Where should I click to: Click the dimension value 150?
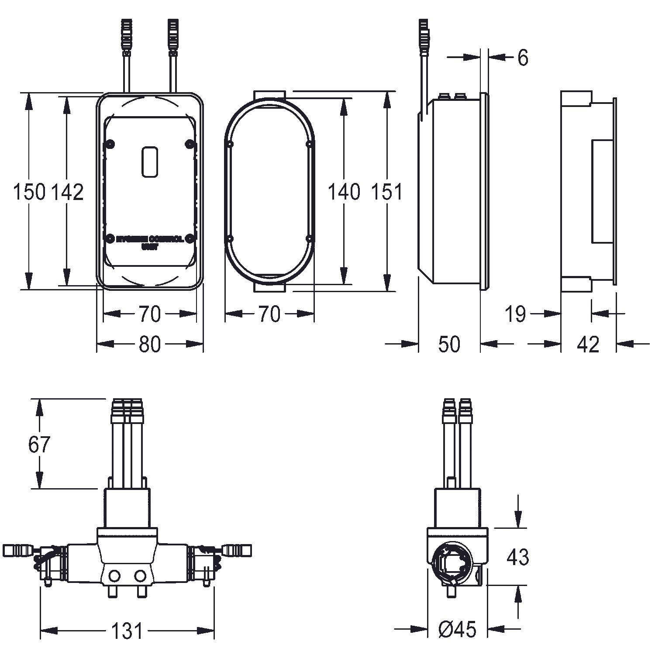click(29, 192)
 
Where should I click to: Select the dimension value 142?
click(68, 192)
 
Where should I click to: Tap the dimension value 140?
click(344, 192)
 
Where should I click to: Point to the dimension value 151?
click(386, 192)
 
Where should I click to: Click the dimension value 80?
click(150, 345)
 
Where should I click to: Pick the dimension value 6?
click(523, 58)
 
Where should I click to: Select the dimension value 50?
click(449, 344)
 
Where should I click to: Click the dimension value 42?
click(588, 344)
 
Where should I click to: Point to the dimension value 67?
click(39, 444)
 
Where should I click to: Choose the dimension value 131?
click(127, 631)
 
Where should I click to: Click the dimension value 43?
click(518, 557)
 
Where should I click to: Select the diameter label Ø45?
click(457, 629)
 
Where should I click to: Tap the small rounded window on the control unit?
click(150, 162)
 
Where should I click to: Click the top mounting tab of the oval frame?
click(269, 95)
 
